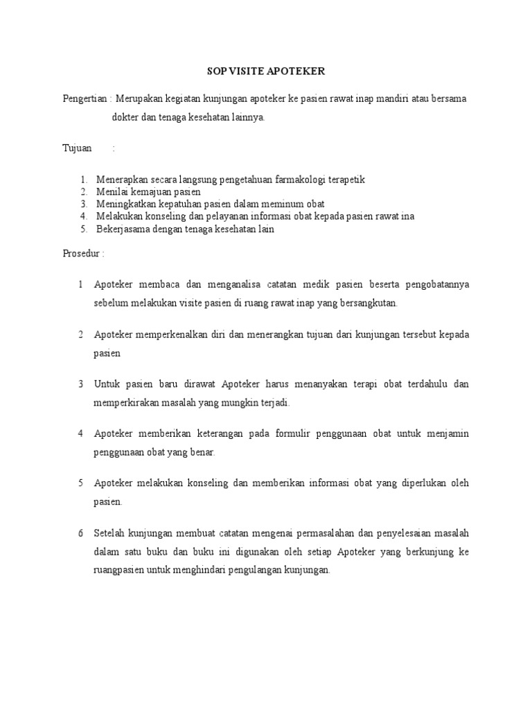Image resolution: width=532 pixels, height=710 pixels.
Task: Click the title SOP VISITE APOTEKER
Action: tap(266, 71)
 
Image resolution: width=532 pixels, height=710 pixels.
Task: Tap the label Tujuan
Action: tap(77, 148)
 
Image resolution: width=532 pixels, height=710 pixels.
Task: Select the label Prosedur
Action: tap(82, 253)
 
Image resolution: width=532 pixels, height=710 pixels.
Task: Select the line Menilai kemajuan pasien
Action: tap(148, 192)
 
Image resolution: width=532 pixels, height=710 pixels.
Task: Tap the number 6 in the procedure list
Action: tap(80, 532)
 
